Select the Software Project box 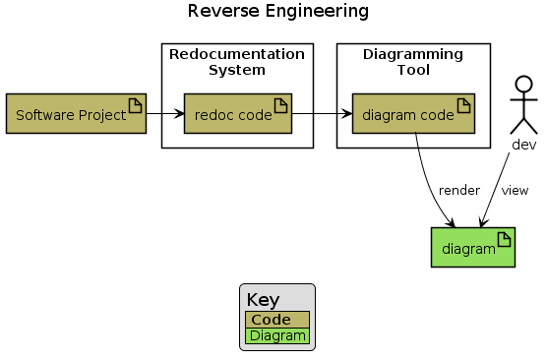76,114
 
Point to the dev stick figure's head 524,83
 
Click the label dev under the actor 523,145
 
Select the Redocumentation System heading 237,61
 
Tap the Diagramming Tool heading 413,61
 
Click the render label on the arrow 458,190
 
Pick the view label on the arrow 515,190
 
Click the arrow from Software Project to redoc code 165,115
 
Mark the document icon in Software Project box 136,105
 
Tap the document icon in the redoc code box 281,105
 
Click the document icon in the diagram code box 463,105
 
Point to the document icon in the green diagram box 504,238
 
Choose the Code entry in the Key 271,320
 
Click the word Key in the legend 263,300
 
